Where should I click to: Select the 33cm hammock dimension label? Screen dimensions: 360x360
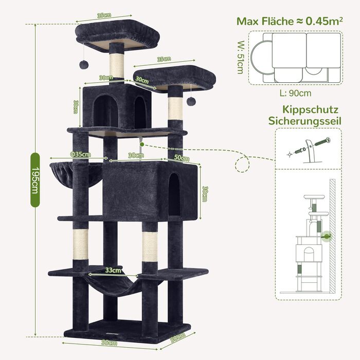pyautogui.click(x=113, y=269)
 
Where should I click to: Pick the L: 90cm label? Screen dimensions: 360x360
pyautogui.click(x=296, y=93)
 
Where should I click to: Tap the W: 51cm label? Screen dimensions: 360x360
pyautogui.click(x=240, y=58)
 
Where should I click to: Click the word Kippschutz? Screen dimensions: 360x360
pyautogui.click(x=310, y=110)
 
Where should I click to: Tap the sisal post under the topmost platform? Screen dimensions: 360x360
pyautogui.click(x=117, y=64)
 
